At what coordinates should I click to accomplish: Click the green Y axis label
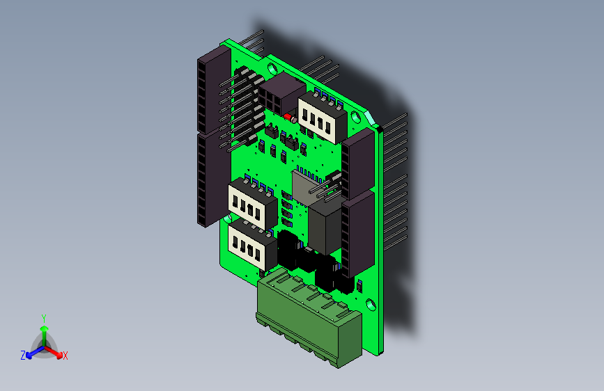pos(44,317)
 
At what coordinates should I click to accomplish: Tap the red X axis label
pos(65,356)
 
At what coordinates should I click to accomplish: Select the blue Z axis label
pos(23,356)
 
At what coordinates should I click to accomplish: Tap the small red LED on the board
pos(288,116)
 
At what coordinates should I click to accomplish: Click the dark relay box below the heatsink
pos(324,225)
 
